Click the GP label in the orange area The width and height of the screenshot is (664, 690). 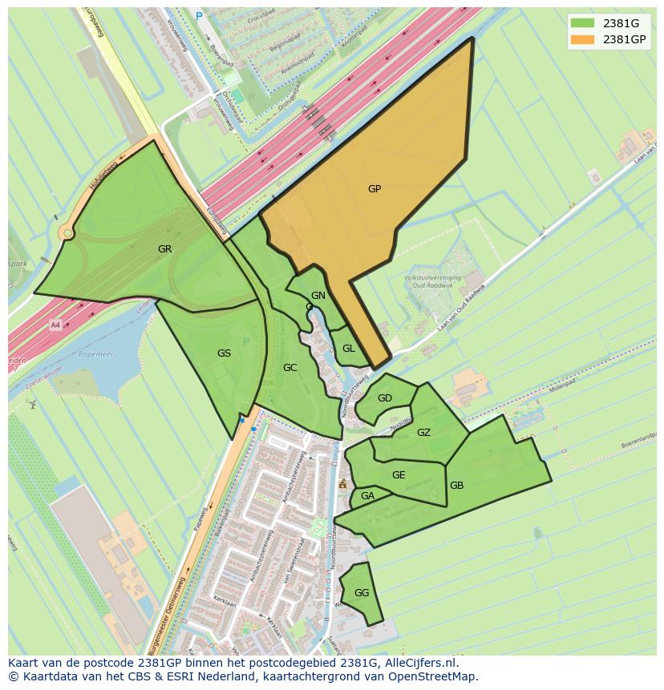click(375, 189)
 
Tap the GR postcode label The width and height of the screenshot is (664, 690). click(164, 249)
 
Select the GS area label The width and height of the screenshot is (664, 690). click(224, 353)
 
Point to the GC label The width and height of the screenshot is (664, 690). click(290, 368)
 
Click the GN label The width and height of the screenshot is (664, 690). click(318, 296)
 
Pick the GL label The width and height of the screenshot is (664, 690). click(349, 349)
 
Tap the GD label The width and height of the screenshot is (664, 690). click(385, 398)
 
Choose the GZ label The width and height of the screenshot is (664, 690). click(424, 433)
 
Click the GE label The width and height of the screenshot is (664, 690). click(399, 475)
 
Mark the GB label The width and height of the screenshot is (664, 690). click(456, 486)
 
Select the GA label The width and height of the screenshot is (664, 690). click(367, 496)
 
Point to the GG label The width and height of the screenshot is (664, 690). click(362, 593)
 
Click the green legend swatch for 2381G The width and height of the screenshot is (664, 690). click(583, 22)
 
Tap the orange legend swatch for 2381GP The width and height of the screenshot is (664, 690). click(583, 39)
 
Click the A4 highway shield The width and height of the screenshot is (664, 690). click(55, 325)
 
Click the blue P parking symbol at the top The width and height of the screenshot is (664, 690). click(199, 15)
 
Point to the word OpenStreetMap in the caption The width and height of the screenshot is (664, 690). click(435, 677)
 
